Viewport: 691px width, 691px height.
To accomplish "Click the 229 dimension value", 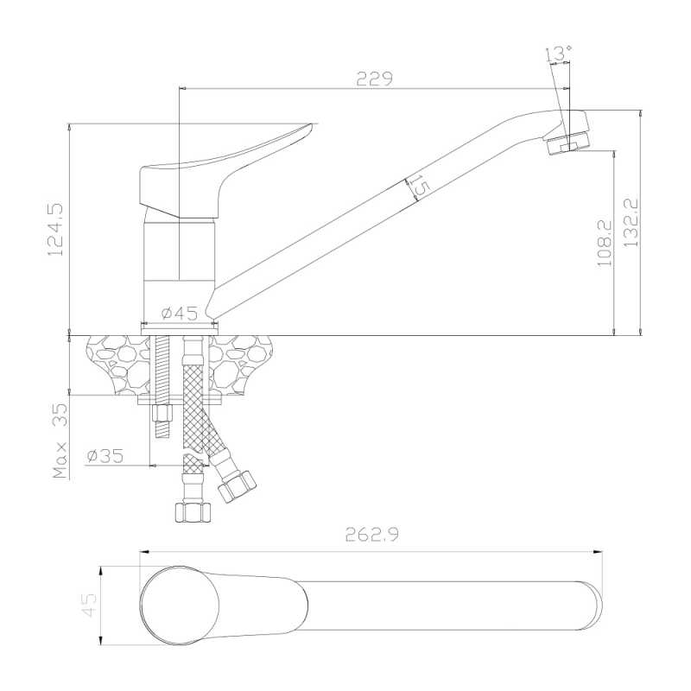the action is [374, 79].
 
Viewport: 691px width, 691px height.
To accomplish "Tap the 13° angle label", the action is [558, 54].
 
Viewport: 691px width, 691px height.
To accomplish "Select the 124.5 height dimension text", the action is [55, 229].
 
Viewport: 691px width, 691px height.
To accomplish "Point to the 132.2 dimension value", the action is [631, 223].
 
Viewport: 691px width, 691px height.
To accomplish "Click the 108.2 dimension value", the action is [605, 243].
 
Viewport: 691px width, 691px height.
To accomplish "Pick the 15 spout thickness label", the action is [418, 186].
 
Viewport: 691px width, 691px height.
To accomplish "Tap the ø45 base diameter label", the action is [180, 314].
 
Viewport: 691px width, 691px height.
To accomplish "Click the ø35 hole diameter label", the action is [105, 456].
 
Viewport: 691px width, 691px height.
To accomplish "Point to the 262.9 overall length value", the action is [372, 535].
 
